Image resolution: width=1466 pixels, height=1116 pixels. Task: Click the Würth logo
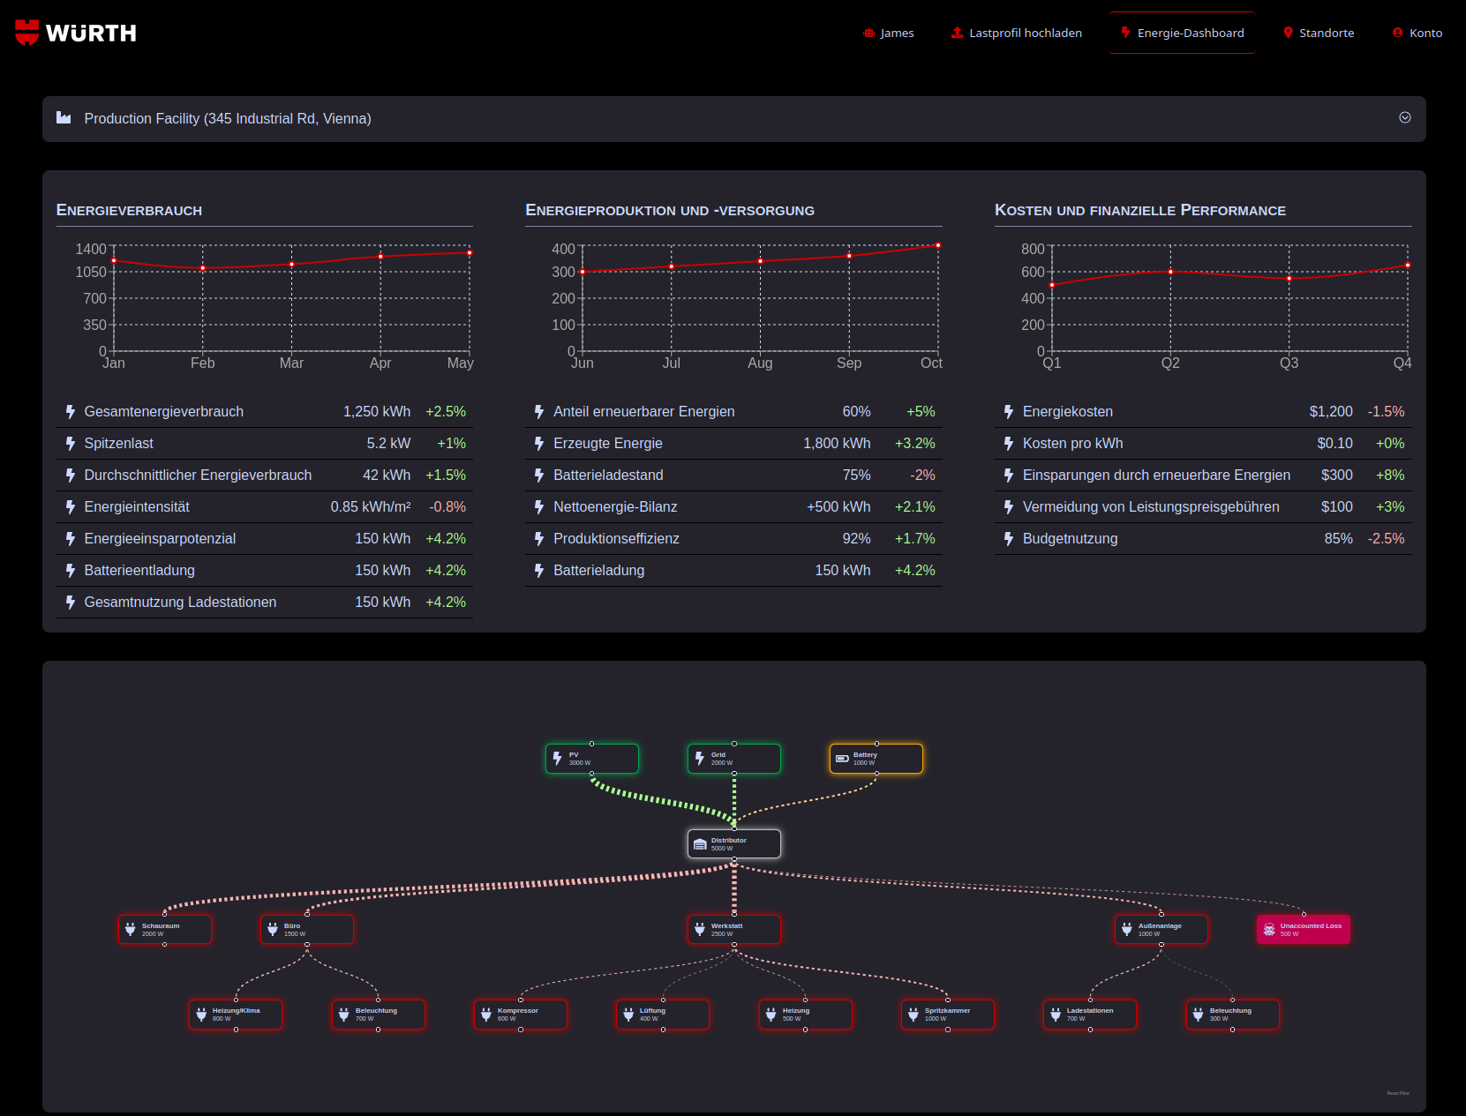click(76, 33)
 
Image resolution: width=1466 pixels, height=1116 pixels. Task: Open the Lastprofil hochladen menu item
click(1016, 33)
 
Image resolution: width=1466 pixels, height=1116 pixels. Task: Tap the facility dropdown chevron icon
click(1404, 118)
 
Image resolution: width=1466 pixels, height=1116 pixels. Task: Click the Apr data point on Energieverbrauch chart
click(380, 257)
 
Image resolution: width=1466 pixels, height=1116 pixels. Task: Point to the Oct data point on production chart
click(938, 245)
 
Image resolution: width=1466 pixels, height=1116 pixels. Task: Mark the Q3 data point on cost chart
click(1289, 279)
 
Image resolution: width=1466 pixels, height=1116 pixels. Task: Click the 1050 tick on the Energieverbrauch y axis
click(91, 272)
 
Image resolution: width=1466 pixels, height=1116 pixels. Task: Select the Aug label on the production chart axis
click(760, 363)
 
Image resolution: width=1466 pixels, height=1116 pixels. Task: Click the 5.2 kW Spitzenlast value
click(388, 443)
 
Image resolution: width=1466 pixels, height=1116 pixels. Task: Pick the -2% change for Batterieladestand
click(922, 475)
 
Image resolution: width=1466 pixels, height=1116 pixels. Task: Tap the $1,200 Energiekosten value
click(1330, 411)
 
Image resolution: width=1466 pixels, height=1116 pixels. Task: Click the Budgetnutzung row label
click(1070, 538)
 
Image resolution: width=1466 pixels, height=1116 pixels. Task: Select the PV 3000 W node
click(591, 759)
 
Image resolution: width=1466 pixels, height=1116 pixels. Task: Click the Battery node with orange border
click(876, 759)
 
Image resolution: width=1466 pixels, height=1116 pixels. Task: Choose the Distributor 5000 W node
click(733, 844)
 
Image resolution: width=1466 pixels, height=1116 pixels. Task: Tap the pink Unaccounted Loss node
click(1303, 930)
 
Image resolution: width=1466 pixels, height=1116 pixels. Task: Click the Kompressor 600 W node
click(520, 1015)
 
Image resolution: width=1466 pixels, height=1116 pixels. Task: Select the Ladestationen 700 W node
click(1089, 1015)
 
